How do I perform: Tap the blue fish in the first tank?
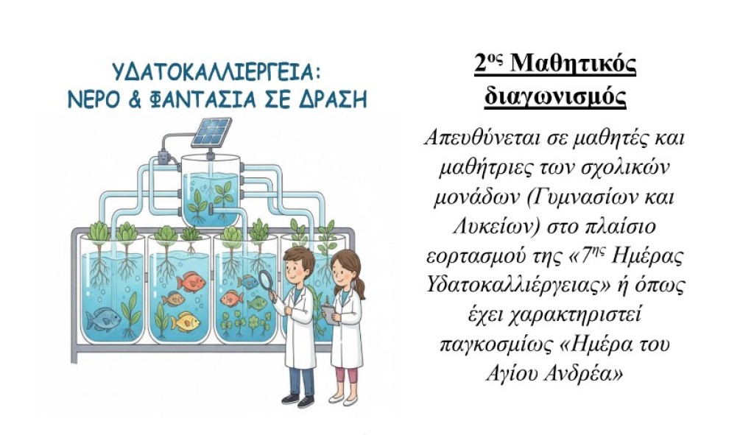(102, 319)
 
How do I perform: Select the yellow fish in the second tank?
(185, 322)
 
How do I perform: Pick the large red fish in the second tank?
(191, 281)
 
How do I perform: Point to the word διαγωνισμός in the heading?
(554, 96)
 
